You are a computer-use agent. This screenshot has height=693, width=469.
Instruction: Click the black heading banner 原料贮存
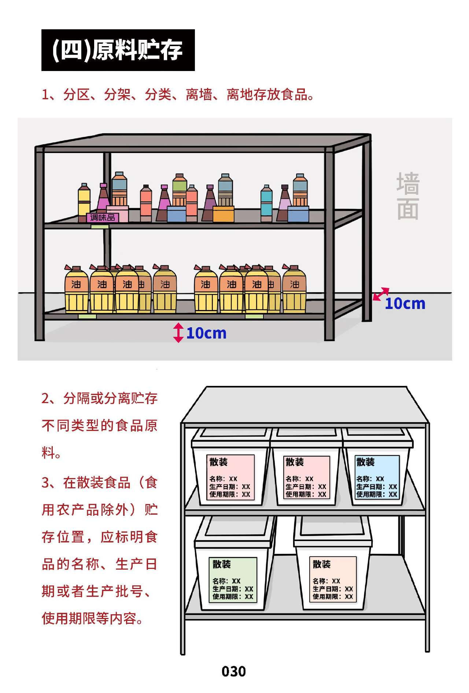click(x=118, y=50)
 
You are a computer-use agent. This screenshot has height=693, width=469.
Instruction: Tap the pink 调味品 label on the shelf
click(x=103, y=218)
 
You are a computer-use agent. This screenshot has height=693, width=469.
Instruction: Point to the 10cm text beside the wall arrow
click(x=405, y=303)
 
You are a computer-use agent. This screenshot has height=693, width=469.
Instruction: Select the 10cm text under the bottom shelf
click(x=206, y=333)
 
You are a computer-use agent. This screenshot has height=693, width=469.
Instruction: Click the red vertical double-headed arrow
click(x=178, y=333)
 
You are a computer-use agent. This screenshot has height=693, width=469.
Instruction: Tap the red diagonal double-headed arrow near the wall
click(x=381, y=294)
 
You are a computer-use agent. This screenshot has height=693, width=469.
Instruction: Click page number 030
click(x=234, y=671)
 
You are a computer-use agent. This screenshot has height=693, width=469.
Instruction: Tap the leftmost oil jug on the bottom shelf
click(x=77, y=289)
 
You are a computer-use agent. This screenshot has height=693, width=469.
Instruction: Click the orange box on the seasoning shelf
click(x=224, y=214)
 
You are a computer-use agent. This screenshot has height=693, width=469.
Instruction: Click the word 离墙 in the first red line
click(x=199, y=94)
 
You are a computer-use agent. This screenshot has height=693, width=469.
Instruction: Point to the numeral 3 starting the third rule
click(x=46, y=483)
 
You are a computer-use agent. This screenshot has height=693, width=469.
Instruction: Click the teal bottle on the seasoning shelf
click(x=266, y=203)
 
